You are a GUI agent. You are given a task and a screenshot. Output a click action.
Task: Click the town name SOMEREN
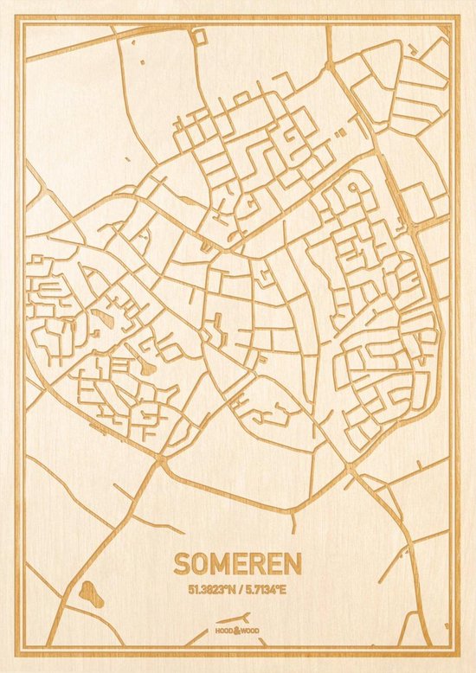pyautogui.click(x=237, y=564)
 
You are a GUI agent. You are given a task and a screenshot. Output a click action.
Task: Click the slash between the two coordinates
pyautogui.click(x=239, y=590)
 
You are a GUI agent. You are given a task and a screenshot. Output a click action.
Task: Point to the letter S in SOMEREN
pyautogui.click(x=181, y=564)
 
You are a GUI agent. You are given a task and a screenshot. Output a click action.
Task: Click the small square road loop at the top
pyautogui.click(x=199, y=36)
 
